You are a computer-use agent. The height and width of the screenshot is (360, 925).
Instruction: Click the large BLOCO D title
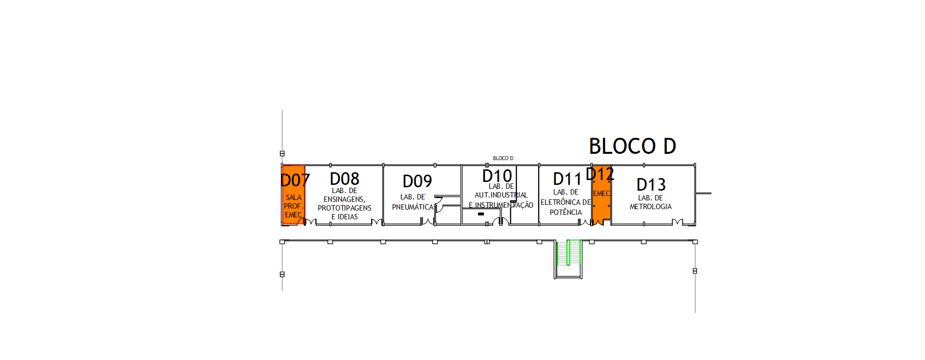coord(632,146)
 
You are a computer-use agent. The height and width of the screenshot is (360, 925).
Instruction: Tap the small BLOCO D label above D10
coord(503,158)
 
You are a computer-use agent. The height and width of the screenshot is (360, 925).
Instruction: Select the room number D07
coord(295,180)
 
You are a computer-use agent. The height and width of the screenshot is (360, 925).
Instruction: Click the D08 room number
coord(345,179)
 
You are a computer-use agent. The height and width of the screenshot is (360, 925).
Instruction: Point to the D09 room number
coord(417,181)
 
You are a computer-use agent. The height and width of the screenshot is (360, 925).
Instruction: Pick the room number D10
coord(497,176)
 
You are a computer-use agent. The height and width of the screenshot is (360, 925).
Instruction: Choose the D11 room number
coord(567,179)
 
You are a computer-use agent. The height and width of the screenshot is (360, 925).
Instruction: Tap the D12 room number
coord(600,174)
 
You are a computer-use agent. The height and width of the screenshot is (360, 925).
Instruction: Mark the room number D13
coord(651,185)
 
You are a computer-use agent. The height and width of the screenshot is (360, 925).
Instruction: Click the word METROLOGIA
coord(651,207)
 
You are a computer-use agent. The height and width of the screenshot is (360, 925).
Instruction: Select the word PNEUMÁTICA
coord(413,207)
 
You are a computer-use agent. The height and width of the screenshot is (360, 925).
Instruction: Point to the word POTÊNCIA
coord(566,212)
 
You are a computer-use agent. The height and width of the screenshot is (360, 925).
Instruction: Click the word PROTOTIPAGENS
coord(345,208)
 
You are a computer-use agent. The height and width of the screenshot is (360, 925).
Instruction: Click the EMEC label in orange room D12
coord(601,194)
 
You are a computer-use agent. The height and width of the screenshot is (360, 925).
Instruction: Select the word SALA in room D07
coord(294,197)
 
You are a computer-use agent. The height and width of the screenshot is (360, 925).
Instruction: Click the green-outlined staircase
coord(568,252)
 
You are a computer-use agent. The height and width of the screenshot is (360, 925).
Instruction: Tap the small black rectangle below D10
coord(481,214)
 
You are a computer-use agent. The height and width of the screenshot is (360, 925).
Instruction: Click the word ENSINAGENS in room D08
coord(345,199)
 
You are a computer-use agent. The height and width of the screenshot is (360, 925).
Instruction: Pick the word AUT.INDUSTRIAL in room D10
coord(501,195)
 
